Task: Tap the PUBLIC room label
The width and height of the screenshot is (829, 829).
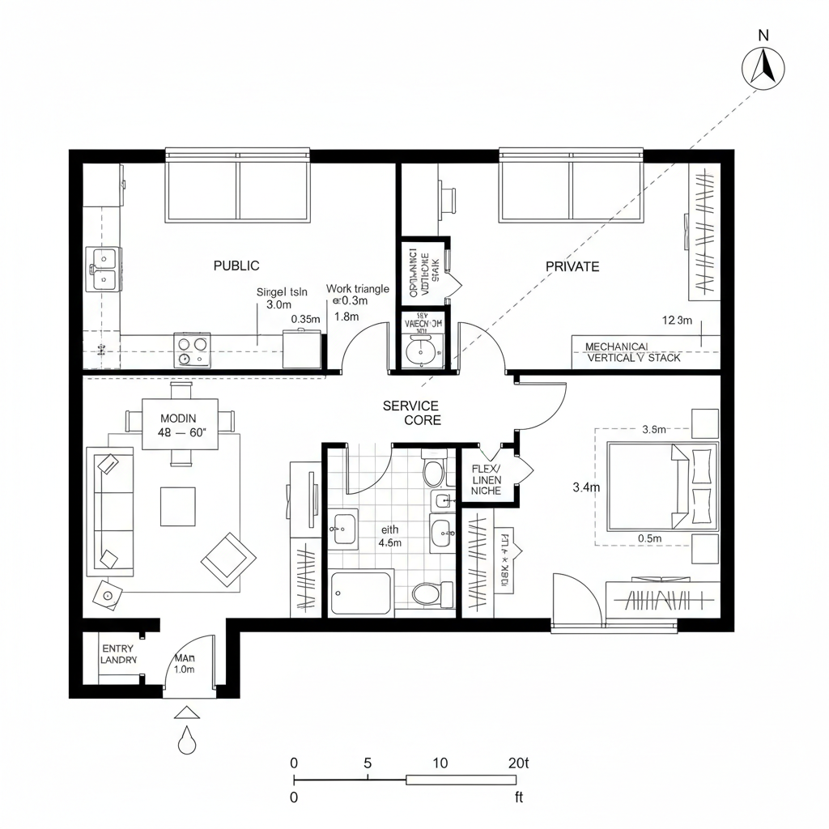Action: (x=236, y=266)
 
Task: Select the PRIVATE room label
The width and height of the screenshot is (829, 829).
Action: (x=572, y=266)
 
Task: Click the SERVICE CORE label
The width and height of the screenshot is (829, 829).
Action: (x=411, y=413)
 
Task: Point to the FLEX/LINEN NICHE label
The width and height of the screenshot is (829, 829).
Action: (x=486, y=480)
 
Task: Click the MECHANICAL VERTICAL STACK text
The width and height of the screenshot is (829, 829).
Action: (x=633, y=351)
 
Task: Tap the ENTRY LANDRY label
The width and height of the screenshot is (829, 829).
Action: (x=118, y=654)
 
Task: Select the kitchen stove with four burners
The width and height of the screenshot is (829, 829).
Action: (x=192, y=351)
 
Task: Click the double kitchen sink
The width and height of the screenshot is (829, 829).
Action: (x=103, y=269)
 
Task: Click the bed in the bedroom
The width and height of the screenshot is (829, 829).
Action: (x=662, y=484)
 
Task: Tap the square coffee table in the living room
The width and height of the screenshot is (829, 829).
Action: (x=177, y=506)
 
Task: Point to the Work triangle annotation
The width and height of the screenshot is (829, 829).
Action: (x=357, y=289)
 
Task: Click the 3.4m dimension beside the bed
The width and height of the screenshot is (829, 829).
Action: (x=585, y=487)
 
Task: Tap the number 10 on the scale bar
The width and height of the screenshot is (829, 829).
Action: (x=441, y=763)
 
